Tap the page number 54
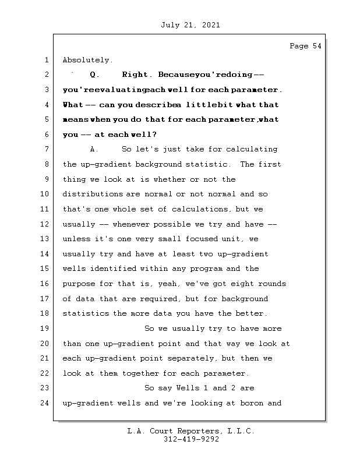coord(315,46)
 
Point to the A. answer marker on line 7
coord(93,150)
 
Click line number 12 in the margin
coord(45,224)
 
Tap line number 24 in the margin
coord(45,403)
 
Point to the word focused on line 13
coord(200,239)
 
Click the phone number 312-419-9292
coord(191,440)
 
